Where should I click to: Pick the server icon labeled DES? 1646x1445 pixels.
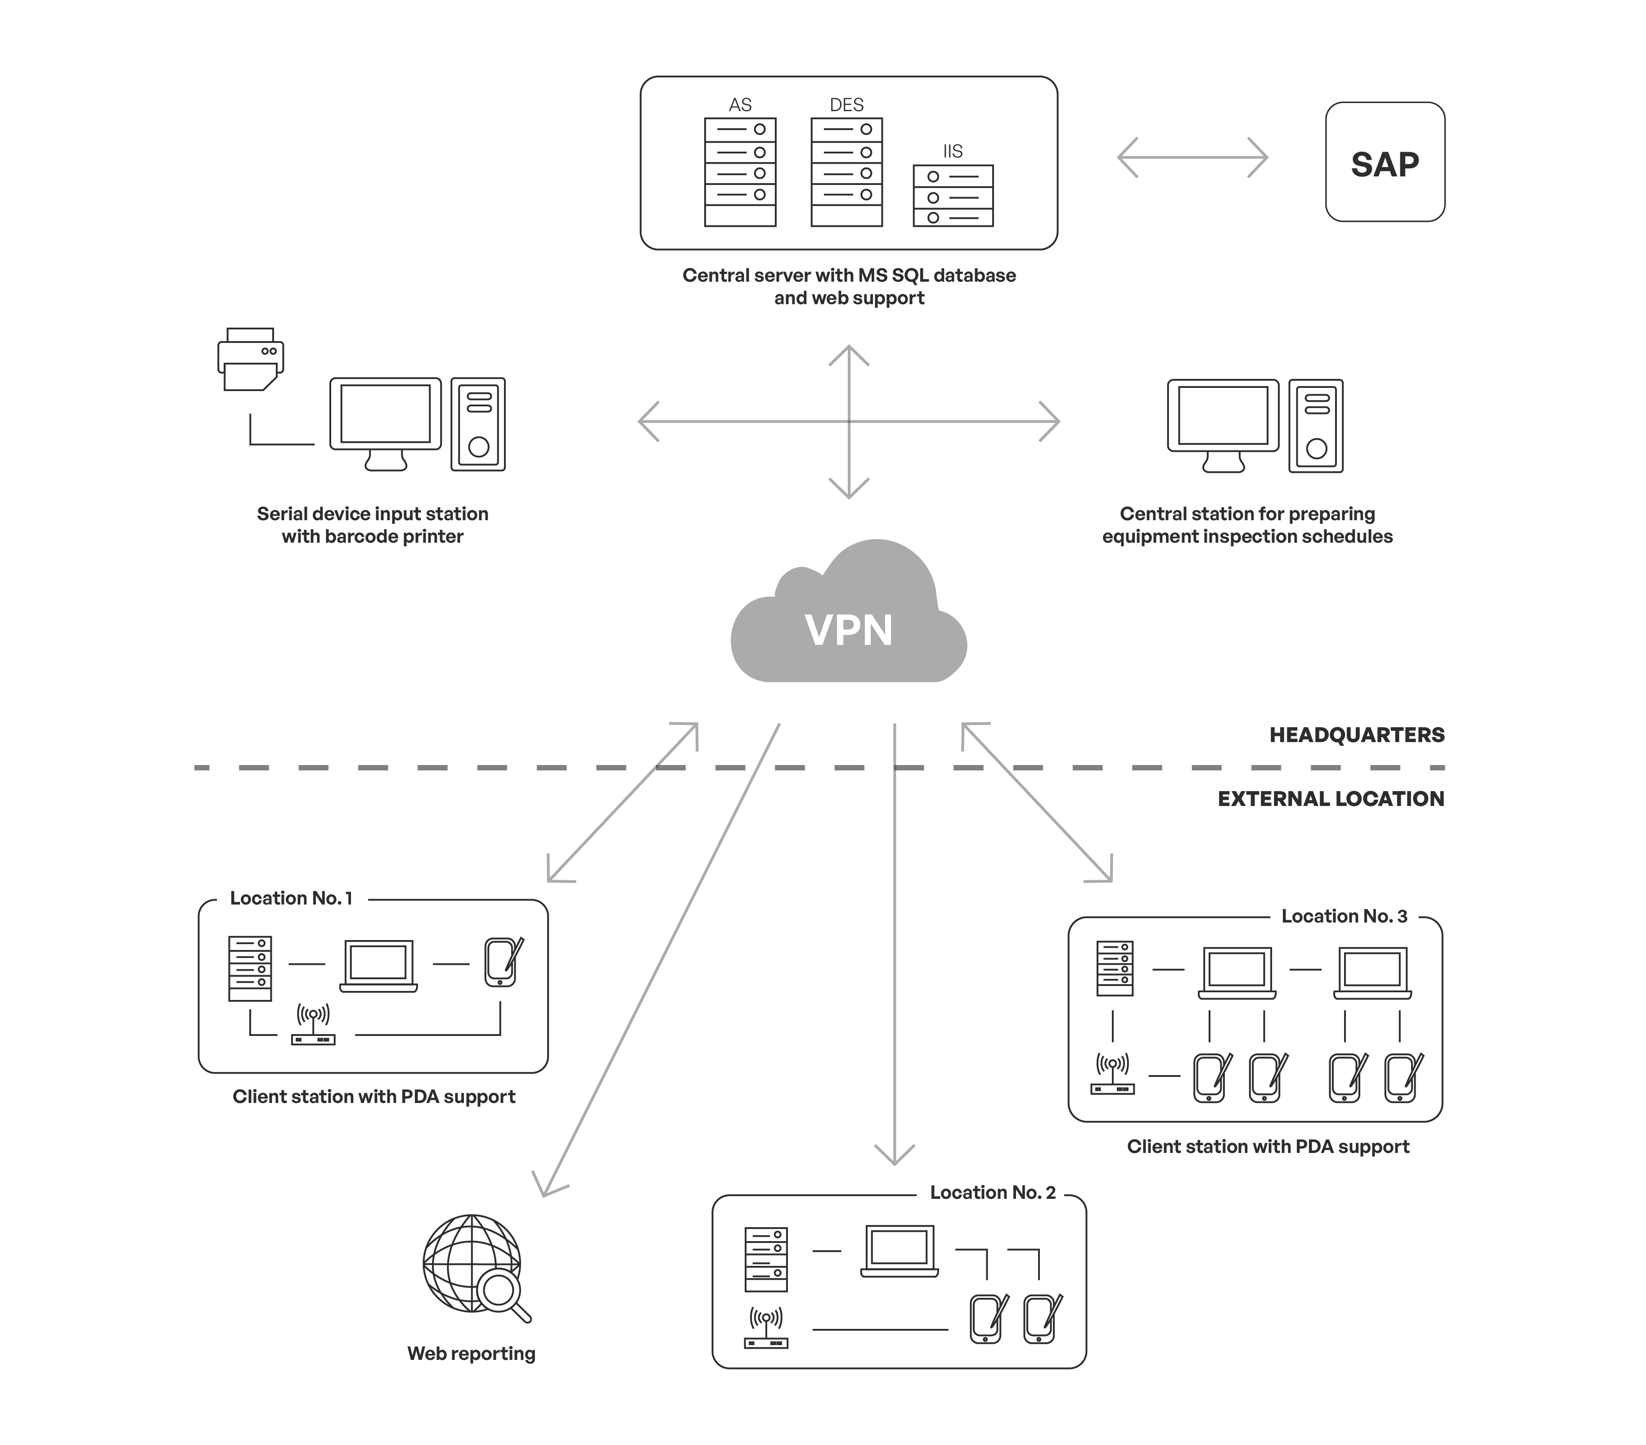(846, 172)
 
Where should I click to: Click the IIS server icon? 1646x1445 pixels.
(953, 196)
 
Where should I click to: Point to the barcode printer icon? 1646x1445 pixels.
(251, 359)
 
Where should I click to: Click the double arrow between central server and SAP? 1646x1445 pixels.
(1192, 157)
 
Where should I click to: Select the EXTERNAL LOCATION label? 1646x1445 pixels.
(1330, 799)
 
